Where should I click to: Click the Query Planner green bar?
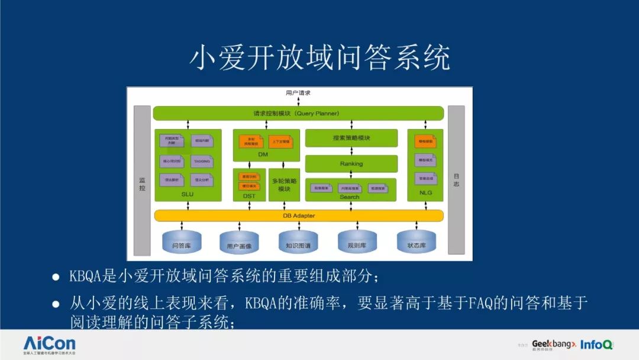(x=298, y=112)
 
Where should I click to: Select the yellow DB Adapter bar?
(x=298, y=216)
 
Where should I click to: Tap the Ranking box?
(x=351, y=163)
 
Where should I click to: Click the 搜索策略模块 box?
(x=351, y=138)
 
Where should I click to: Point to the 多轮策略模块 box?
(x=284, y=185)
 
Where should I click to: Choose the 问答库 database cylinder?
(x=181, y=243)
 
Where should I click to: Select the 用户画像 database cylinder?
(x=239, y=243)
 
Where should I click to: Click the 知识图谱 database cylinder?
(x=298, y=243)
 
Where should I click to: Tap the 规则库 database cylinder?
(x=357, y=243)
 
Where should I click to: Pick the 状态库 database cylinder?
(x=417, y=243)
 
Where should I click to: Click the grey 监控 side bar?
(x=142, y=180)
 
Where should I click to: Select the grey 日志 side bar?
(x=456, y=180)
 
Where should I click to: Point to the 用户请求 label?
(x=298, y=93)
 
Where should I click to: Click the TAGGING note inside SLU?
(x=202, y=160)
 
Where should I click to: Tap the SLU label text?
(x=187, y=194)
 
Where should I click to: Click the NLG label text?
(x=425, y=194)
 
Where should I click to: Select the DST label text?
(x=249, y=195)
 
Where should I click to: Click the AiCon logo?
(x=50, y=344)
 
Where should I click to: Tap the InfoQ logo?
(x=596, y=345)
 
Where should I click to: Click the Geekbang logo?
(x=553, y=344)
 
